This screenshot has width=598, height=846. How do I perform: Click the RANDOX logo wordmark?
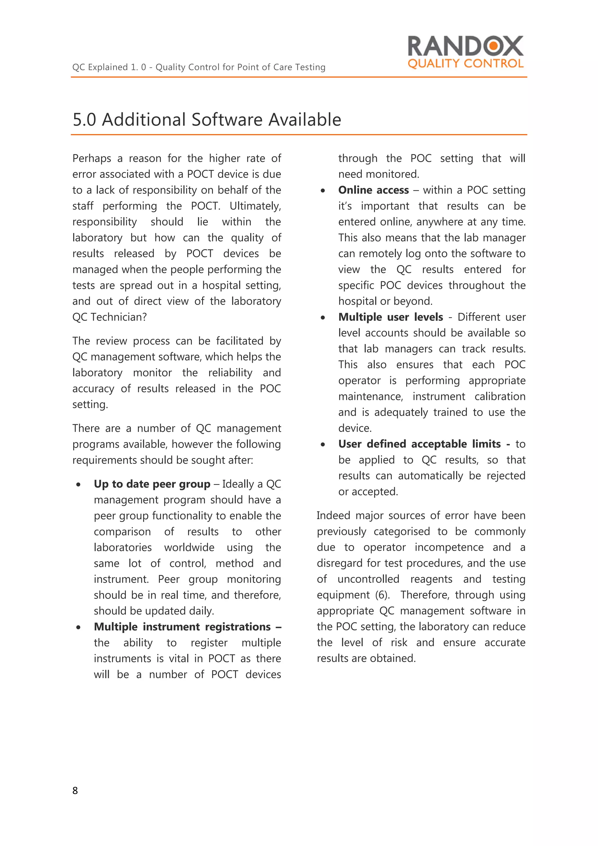465,46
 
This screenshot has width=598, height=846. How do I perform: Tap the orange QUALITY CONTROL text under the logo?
465,64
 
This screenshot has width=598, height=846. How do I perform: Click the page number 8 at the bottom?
75,790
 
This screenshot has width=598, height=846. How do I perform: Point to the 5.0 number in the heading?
84,120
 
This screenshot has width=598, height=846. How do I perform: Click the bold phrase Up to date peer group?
152,484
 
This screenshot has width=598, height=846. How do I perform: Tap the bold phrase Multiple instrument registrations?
182,627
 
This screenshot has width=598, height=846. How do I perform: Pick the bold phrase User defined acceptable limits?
419,444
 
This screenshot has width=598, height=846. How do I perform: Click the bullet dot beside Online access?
323,191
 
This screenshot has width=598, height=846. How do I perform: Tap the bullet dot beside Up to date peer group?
79,485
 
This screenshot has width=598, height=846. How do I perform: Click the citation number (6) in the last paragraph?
382,595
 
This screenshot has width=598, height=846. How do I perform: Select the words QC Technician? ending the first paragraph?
109,317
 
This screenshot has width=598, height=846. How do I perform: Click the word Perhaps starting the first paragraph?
91,158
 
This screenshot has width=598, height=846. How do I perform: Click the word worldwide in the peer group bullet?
189,547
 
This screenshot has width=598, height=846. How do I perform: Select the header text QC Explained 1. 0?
109,67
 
